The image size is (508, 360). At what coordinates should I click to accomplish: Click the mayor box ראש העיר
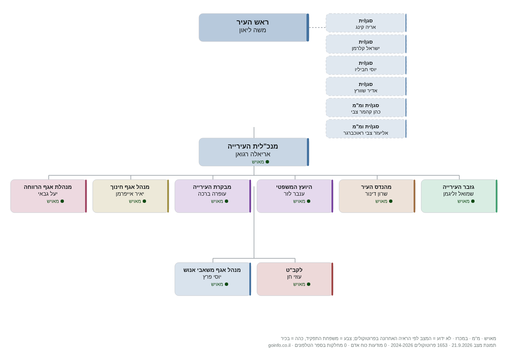pyautogui.click(x=254, y=28)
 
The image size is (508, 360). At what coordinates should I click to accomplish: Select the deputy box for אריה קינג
pyautogui.click(x=366, y=23)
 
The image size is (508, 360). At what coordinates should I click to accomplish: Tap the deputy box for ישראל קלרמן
pyautogui.click(x=366, y=44)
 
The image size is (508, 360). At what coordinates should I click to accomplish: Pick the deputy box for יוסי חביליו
pyautogui.click(x=366, y=65)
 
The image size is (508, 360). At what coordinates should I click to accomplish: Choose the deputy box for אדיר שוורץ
pyautogui.click(x=366, y=86)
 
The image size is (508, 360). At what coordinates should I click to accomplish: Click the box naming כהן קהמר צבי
pyautogui.click(x=366, y=108)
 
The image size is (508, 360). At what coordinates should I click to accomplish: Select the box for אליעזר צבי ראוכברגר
pyautogui.click(x=366, y=129)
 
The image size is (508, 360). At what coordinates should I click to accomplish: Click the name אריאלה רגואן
pyautogui.click(x=253, y=154)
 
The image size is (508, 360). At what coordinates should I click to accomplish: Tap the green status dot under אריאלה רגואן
pyautogui.click(x=268, y=162)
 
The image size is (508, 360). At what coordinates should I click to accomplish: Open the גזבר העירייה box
pyautogui.click(x=459, y=196)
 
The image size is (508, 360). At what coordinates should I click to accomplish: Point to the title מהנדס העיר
pyautogui.click(x=376, y=187)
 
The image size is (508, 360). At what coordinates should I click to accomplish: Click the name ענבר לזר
pyautogui.click(x=294, y=194)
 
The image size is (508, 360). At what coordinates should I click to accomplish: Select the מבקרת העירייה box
pyautogui.click(x=213, y=196)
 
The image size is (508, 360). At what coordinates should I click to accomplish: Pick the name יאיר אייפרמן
pyautogui.click(x=130, y=194)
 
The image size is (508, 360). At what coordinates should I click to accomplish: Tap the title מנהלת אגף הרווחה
pyautogui.click(x=47, y=187)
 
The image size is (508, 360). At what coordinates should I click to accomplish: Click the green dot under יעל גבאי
pyautogui.click(x=62, y=201)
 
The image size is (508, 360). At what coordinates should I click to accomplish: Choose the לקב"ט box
pyautogui.click(x=295, y=279)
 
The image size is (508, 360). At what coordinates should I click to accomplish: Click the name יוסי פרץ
pyautogui.click(x=212, y=277)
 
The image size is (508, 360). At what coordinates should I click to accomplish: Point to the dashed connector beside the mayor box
pyautogui.click(x=317, y=28)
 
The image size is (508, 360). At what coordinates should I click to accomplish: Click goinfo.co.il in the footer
pyautogui.click(x=279, y=345)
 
